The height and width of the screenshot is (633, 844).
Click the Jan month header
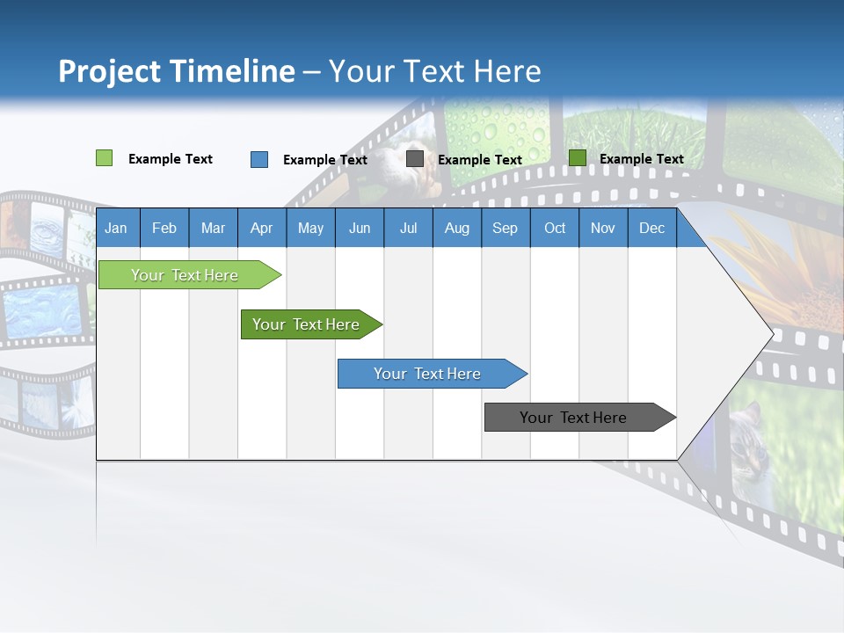(x=116, y=228)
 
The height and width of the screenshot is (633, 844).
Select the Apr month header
(x=261, y=228)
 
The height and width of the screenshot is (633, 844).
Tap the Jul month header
(x=408, y=228)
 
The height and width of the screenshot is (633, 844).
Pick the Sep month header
(x=505, y=228)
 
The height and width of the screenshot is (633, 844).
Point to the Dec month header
(x=651, y=228)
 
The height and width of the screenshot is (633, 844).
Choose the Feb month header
(x=164, y=228)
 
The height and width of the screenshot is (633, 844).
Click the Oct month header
(x=555, y=228)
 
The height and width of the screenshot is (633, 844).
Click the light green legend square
(x=104, y=158)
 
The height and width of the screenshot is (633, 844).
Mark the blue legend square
(x=259, y=159)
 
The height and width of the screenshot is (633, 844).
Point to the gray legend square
(x=415, y=159)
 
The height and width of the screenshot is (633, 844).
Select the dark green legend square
(x=578, y=158)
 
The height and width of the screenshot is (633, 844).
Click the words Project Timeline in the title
(x=177, y=71)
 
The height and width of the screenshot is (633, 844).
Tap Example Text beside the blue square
(x=325, y=160)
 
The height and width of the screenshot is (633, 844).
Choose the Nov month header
(x=603, y=228)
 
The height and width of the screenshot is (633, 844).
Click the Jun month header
(x=360, y=228)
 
